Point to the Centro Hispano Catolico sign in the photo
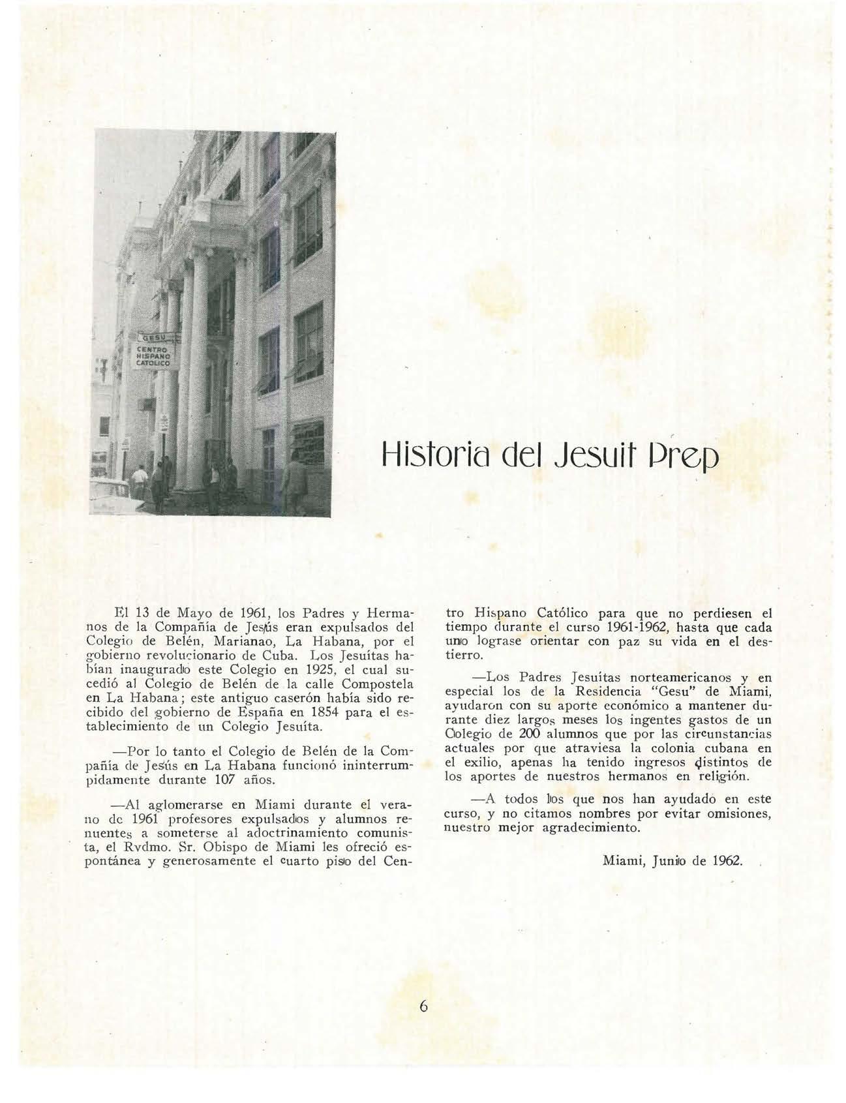coord(153,358)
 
